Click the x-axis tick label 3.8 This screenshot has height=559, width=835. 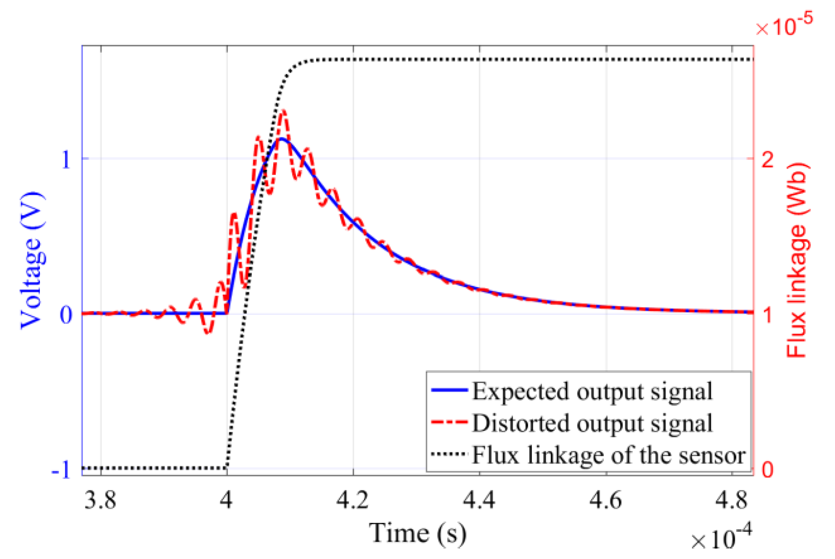click(100, 500)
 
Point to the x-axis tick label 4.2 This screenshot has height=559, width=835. click(353, 500)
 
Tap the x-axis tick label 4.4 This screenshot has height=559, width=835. click(479, 500)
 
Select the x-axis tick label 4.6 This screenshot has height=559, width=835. click(605, 500)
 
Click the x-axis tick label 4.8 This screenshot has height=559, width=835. click(731, 500)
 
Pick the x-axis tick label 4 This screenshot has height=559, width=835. click(226, 500)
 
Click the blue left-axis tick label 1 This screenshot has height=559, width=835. click(66, 159)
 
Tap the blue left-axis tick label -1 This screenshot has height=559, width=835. click(61, 471)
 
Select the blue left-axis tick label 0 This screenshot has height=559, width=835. click(66, 315)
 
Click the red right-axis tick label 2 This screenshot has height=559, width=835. click(767, 159)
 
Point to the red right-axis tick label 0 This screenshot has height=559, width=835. click(767, 470)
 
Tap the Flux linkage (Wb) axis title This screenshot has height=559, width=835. click(796, 260)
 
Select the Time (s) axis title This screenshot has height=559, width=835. click(418, 533)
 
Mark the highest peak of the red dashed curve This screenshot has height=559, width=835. click(284, 111)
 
